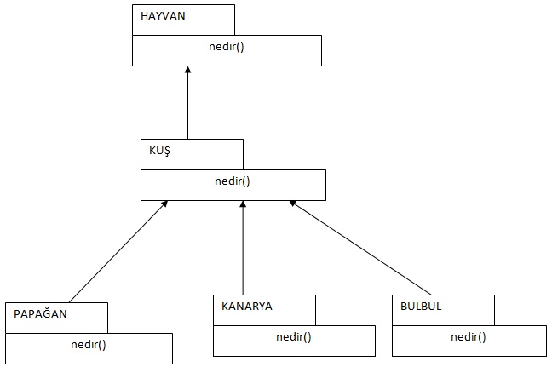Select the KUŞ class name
[x=160, y=150]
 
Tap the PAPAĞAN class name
[x=40, y=313]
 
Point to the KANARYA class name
[x=247, y=307]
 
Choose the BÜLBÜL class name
[x=422, y=307]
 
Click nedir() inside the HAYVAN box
[x=226, y=46]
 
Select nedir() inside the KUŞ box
[x=232, y=181]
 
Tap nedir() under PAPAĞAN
[x=89, y=345]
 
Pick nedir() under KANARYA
[x=294, y=337]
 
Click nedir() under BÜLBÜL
[x=469, y=337]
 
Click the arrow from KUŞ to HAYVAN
[x=187, y=106]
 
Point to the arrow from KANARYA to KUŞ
[x=243, y=251]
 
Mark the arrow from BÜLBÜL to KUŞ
[x=362, y=248]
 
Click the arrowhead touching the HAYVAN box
[x=187, y=71]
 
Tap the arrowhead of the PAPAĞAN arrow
[x=165, y=204]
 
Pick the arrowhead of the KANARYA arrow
[x=243, y=205]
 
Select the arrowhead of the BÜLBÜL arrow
[x=292, y=204]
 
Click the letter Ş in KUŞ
[x=167, y=151]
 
